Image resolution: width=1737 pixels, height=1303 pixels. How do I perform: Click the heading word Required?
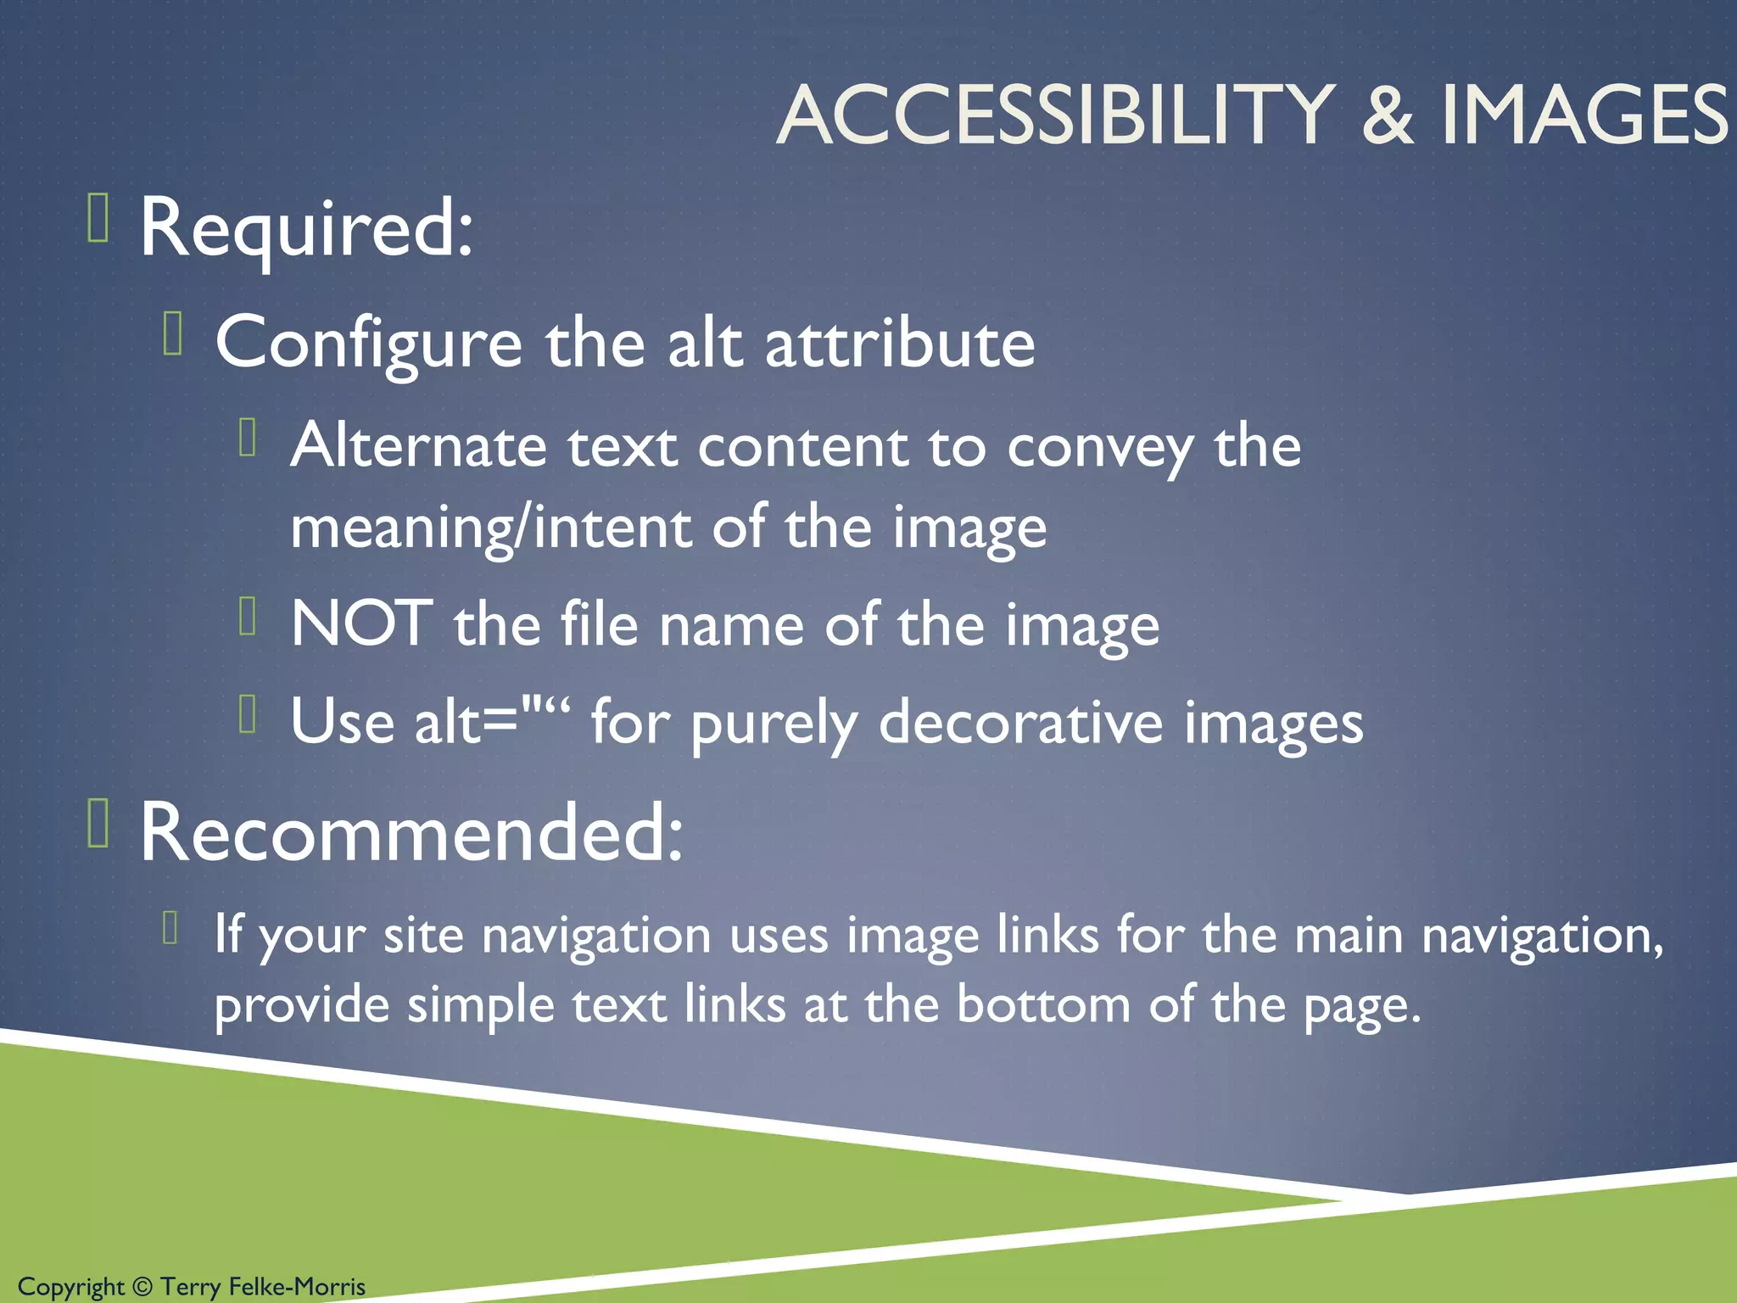(306, 227)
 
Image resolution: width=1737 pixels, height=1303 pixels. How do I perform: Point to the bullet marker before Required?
(98, 218)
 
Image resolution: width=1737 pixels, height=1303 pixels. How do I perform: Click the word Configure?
(368, 344)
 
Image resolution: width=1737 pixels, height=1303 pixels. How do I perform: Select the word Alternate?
(418, 446)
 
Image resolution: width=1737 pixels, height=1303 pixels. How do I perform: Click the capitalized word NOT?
(361, 624)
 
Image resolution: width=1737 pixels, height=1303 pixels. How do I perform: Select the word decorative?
(1020, 722)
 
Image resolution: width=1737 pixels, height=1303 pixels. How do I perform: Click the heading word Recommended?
(411, 833)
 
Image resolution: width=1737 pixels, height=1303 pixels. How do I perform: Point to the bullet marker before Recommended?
(98, 823)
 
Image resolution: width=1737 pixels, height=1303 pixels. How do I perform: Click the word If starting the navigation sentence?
(227, 934)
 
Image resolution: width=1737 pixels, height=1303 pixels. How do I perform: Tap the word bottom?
(1042, 1004)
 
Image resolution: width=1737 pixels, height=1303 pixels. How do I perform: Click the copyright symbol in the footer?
(142, 1287)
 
